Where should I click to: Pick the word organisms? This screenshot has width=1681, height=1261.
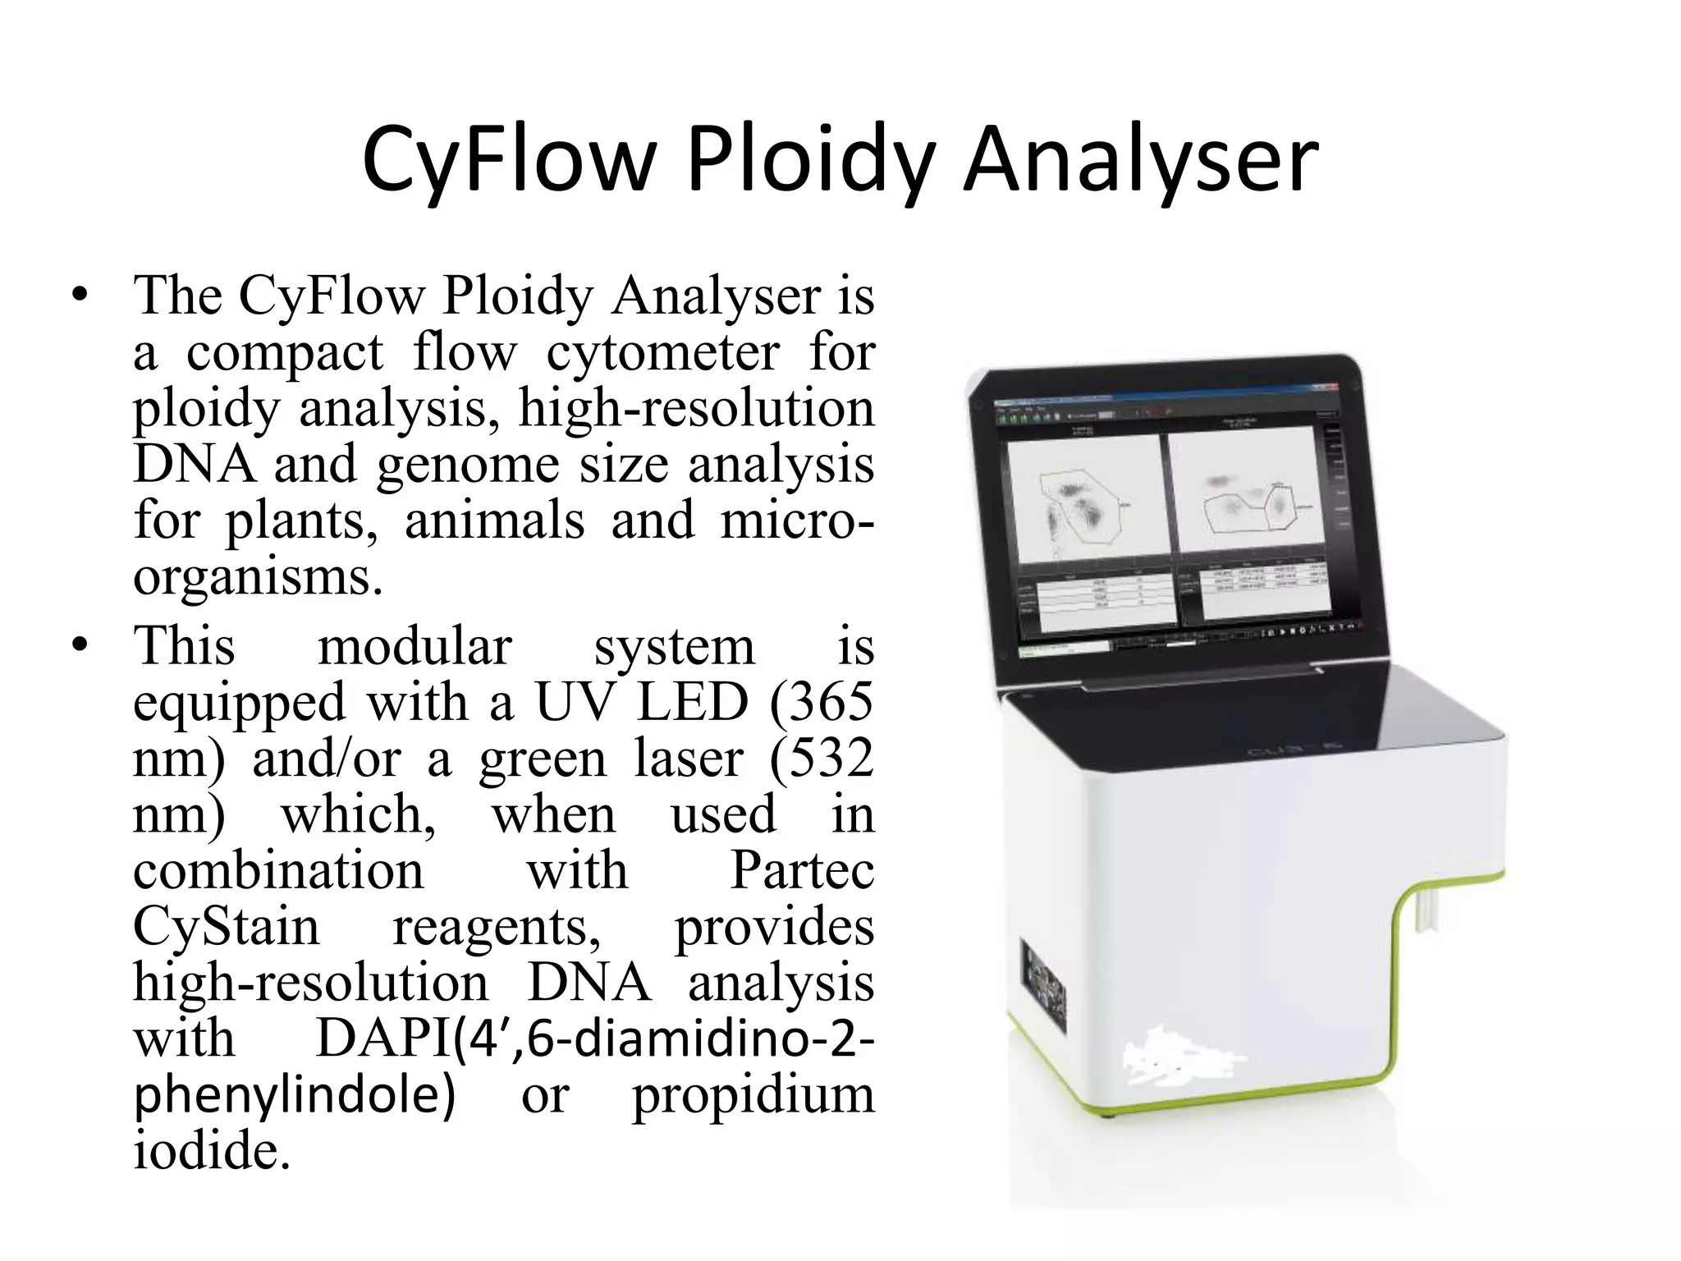coord(258,577)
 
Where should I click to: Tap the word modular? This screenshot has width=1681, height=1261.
coord(415,646)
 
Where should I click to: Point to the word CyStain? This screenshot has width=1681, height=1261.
coord(226,927)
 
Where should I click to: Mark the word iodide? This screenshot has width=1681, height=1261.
coord(211,1150)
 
